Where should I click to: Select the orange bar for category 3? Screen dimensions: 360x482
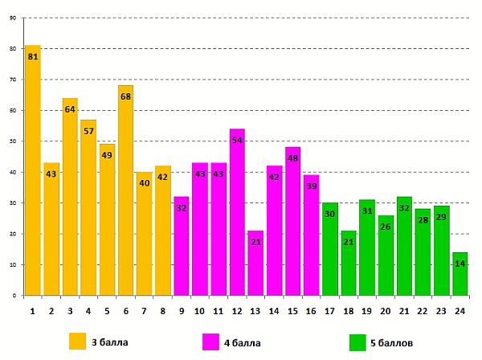(x=70, y=197)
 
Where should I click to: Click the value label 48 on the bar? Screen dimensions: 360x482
(x=293, y=158)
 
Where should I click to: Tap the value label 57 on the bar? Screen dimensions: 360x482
(x=88, y=131)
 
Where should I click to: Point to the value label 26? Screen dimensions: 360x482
(x=386, y=227)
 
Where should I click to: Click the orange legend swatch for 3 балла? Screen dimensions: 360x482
(x=77, y=342)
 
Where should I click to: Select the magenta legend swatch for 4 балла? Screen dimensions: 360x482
(x=213, y=342)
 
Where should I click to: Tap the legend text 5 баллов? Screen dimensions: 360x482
(x=392, y=343)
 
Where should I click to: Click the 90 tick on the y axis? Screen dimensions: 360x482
(x=12, y=18)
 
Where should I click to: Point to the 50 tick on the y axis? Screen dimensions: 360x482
(x=12, y=141)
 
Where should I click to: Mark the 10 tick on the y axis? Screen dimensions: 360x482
(x=12, y=265)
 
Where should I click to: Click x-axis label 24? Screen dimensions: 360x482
(x=460, y=311)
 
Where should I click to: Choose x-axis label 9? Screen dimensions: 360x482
(x=182, y=311)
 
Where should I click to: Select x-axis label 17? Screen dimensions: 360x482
(x=329, y=311)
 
